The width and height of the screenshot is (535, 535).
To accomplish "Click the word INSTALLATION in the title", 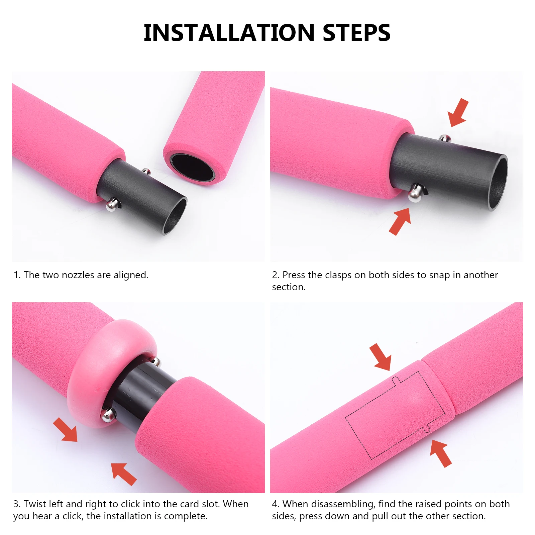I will (x=229, y=33).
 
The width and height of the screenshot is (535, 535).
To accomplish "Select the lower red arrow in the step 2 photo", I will (x=400, y=221).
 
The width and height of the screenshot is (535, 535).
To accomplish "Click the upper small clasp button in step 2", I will (x=444, y=138).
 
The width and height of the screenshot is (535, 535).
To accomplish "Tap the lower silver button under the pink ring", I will (x=108, y=415).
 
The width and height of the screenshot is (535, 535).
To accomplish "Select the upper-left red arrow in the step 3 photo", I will (x=66, y=430).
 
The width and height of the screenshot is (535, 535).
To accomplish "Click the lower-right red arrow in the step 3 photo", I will (x=124, y=473).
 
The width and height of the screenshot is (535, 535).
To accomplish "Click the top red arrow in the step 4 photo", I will (x=381, y=357).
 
